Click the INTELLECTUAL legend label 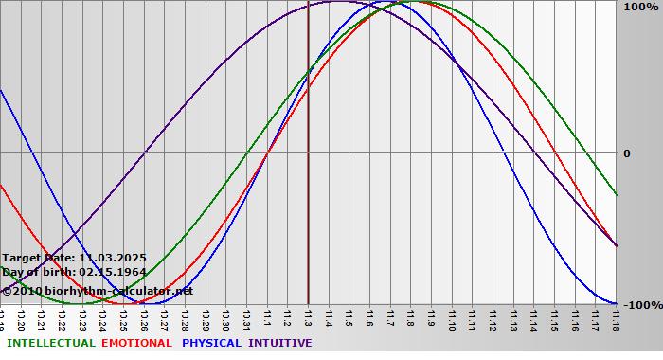[50, 343]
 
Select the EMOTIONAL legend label [136, 343]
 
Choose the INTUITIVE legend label [279, 343]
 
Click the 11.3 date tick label [309, 316]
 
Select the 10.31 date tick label [246, 318]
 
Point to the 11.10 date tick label [452, 318]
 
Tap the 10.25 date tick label [123, 318]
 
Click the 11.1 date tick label [267, 316]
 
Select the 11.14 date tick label [533, 318]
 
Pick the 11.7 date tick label [390, 316]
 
